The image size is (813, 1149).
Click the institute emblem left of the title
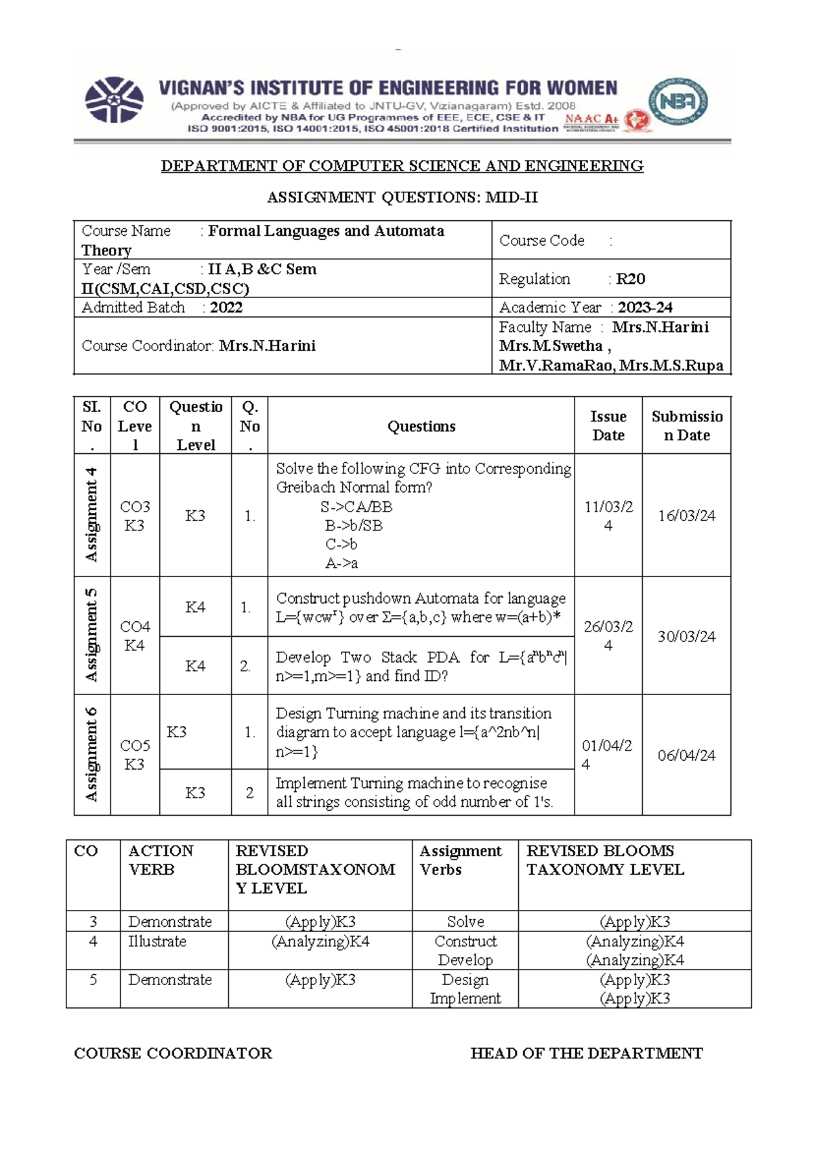click(x=114, y=100)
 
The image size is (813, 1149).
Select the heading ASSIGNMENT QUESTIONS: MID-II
click(x=402, y=198)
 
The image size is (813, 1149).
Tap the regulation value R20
click(x=630, y=279)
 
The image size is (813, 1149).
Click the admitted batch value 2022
click(x=226, y=308)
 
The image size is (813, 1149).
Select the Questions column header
click(x=421, y=426)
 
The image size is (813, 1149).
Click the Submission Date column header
click(x=686, y=425)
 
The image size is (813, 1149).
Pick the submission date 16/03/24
click(x=686, y=516)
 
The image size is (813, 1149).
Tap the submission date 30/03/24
click(x=686, y=636)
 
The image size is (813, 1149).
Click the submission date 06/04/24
click(x=686, y=755)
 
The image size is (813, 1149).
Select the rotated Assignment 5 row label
click(x=91, y=635)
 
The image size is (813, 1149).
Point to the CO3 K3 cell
click(x=134, y=516)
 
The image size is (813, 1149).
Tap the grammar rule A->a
click(x=341, y=563)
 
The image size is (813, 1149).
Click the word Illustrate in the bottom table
click(x=157, y=942)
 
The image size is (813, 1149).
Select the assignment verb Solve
click(x=465, y=922)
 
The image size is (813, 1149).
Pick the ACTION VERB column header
click(x=161, y=860)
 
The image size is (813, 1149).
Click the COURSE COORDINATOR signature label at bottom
click(x=173, y=1053)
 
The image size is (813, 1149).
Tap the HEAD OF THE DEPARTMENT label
click(x=586, y=1053)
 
